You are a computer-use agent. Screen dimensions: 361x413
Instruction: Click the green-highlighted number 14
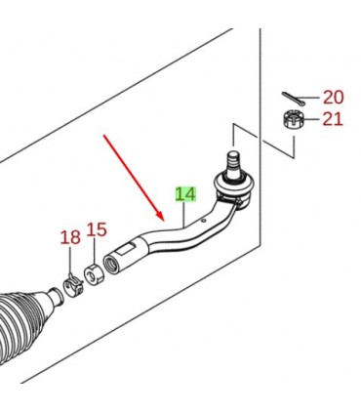click(185, 194)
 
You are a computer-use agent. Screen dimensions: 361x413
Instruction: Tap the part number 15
click(97, 229)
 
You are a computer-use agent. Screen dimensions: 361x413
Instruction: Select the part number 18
click(70, 237)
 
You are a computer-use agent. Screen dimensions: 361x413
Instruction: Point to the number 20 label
click(333, 98)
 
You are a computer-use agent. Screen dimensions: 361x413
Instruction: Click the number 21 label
click(333, 119)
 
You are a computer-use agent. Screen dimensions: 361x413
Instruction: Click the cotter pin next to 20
click(294, 99)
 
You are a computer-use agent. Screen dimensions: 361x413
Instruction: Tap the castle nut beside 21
click(293, 120)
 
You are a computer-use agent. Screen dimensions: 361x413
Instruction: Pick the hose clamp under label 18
click(73, 285)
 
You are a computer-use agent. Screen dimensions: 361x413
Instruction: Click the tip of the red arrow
click(162, 220)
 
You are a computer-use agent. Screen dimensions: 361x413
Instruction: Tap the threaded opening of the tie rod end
click(110, 266)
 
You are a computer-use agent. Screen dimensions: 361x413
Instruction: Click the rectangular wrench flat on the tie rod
click(127, 249)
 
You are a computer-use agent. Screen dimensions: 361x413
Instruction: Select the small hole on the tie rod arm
click(203, 221)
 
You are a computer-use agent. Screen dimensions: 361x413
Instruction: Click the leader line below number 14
click(184, 214)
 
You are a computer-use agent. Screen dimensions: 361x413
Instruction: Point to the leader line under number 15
click(94, 251)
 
